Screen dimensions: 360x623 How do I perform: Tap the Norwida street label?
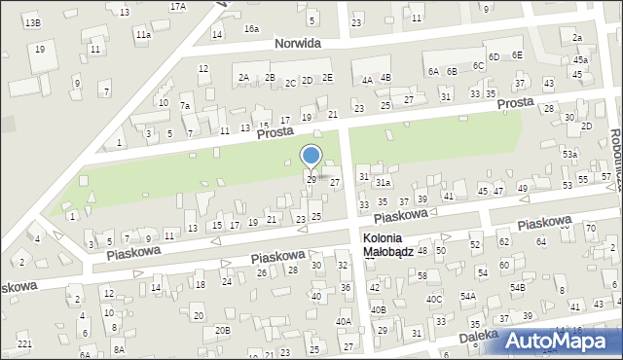[x=298, y=44]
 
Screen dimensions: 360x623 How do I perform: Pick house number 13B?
[x=32, y=22]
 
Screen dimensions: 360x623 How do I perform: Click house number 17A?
[x=177, y=6]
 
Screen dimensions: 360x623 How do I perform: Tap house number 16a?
[x=251, y=29]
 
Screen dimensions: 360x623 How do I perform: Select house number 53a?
[x=569, y=154]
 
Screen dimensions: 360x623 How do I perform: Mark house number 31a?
[x=384, y=182]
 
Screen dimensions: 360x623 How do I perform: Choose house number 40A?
[x=344, y=321]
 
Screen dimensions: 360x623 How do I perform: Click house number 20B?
[x=223, y=330]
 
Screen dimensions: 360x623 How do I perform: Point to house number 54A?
[x=467, y=296]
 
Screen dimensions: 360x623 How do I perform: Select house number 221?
[x=24, y=344]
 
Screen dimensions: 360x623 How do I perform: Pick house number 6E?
[x=517, y=55]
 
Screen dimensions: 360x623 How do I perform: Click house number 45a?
[x=580, y=60]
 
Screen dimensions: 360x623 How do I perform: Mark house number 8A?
[x=118, y=348]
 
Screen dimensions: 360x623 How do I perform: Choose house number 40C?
[x=433, y=300]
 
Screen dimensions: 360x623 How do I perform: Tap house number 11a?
[x=143, y=35]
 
